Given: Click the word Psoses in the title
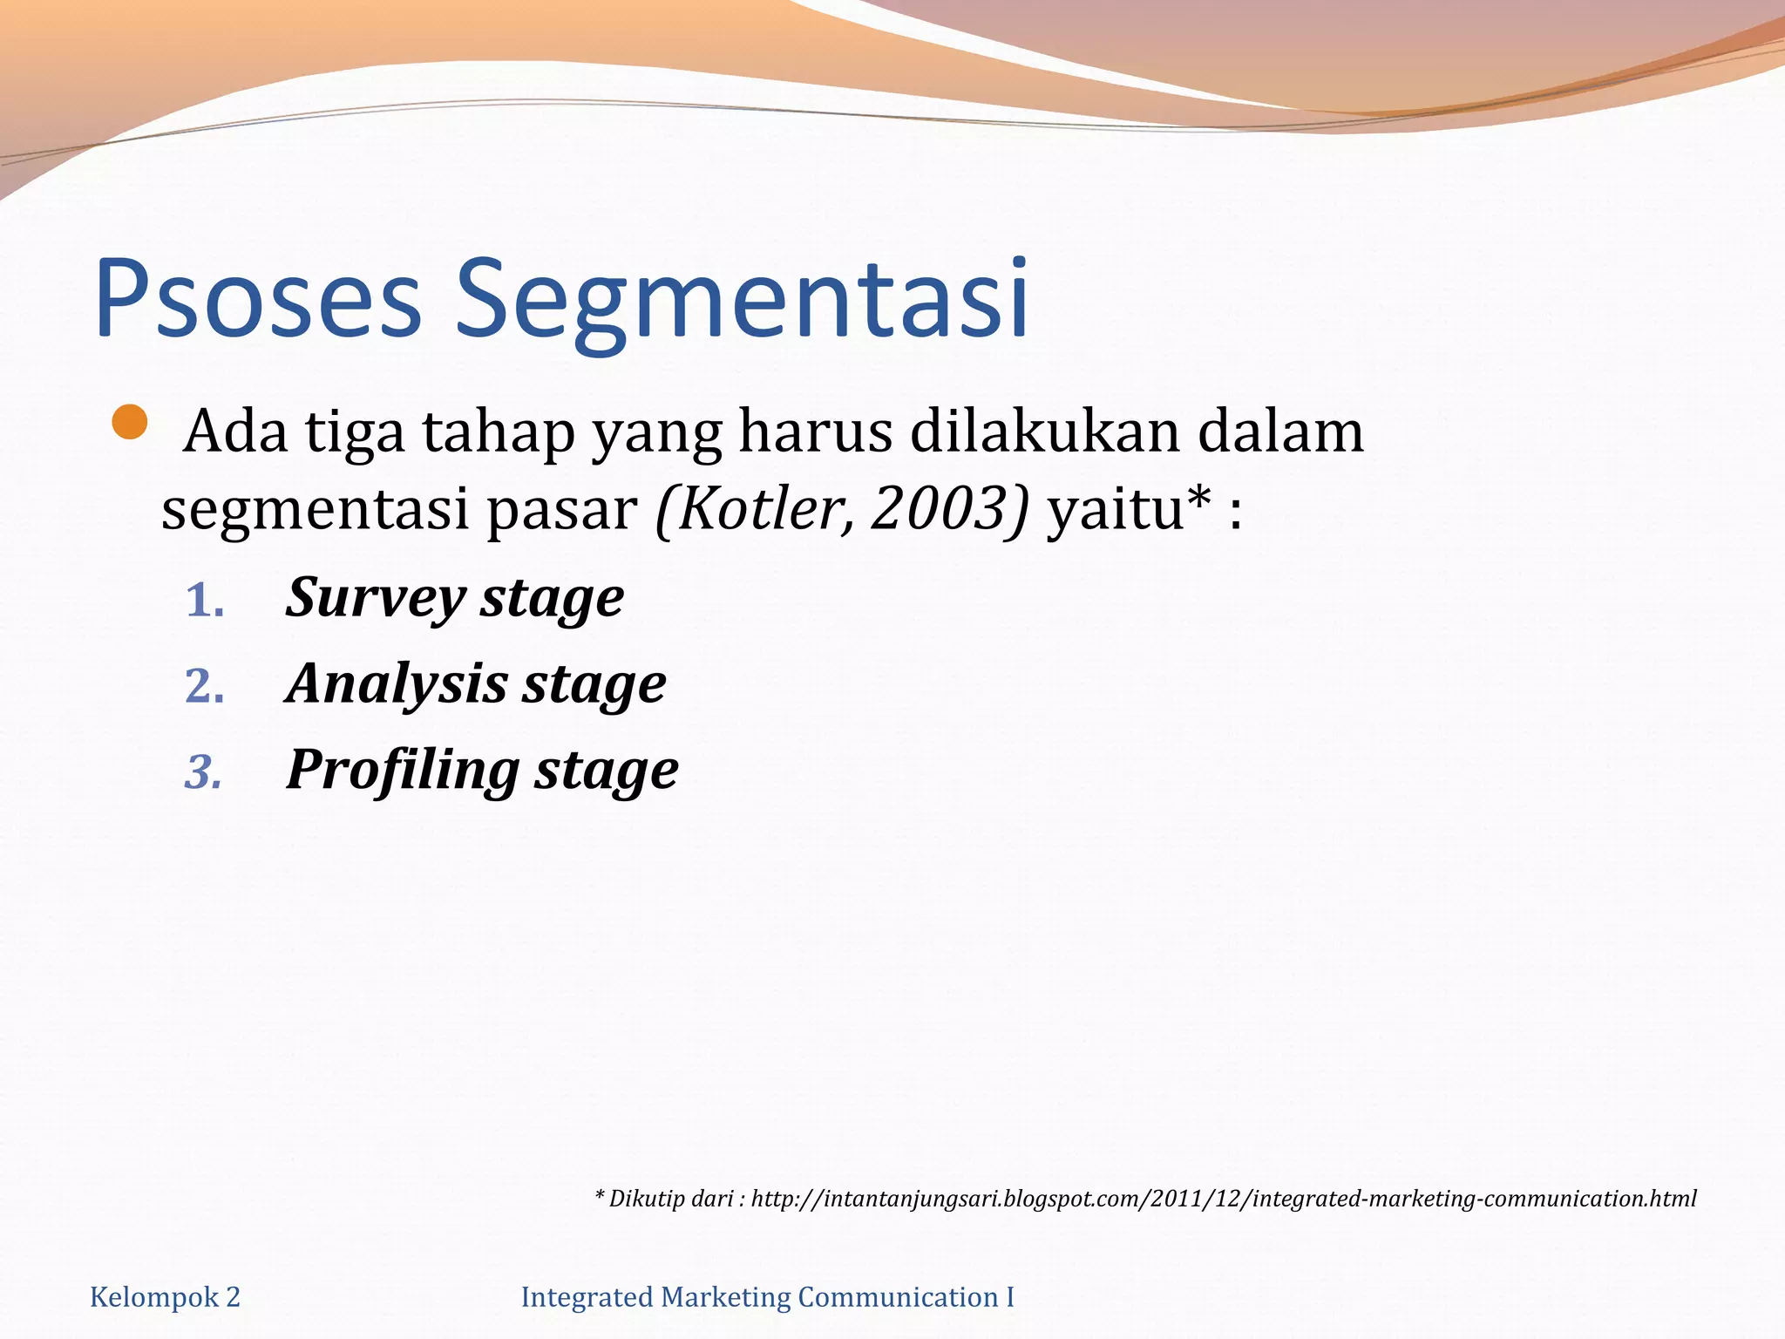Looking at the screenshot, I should tap(258, 298).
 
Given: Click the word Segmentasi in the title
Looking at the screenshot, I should tap(742, 298).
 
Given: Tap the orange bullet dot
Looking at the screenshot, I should tap(130, 423).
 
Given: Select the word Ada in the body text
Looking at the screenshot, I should tap(235, 432).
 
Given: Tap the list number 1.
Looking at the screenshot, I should tap(205, 602).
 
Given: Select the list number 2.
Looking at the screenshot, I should tap(205, 687).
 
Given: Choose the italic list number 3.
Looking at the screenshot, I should tap(204, 772).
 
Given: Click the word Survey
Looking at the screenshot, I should tap(375, 599).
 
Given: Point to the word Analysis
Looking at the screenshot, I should tap(397, 684).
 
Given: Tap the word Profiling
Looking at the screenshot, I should tap(403, 771).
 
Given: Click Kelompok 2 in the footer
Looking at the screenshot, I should tap(165, 1297).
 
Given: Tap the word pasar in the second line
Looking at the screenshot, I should tap(561, 510).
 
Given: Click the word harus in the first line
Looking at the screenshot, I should tap(815, 432).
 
